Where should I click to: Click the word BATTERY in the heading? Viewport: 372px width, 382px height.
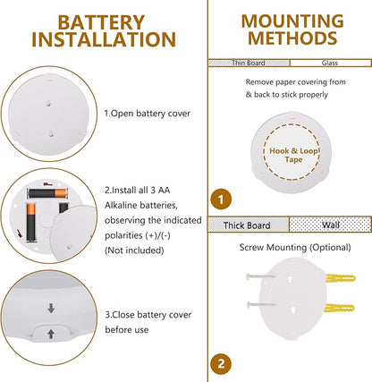tap(101, 22)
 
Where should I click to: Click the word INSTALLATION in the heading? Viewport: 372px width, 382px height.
tap(104, 39)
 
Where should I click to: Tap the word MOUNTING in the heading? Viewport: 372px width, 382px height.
tap(292, 21)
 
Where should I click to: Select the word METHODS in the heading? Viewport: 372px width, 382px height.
tap(292, 38)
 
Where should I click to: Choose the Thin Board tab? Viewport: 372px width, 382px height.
tap(249, 63)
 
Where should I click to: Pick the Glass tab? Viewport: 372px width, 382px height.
tap(330, 63)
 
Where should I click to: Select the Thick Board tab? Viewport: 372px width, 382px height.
tap(249, 225)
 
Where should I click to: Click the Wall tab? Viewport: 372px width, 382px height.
tap(330, 225)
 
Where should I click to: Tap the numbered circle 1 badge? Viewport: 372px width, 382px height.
tap(221, 199)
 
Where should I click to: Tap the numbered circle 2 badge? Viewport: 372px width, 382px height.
tap(221, 364)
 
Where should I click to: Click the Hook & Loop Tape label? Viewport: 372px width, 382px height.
tap(293, 155)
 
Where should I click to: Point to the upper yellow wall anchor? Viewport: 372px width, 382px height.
tap(341, 279)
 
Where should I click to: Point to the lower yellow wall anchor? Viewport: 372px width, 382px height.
tap(340, 308)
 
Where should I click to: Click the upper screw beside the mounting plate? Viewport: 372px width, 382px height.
tap(261, 276)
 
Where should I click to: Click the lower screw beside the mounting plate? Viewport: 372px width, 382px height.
tap(262, 304)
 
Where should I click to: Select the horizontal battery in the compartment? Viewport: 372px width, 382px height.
tap(47, 193)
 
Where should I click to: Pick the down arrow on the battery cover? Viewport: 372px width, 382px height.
tap(51, 309)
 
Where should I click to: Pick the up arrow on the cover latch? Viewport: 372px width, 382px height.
tap(51, 334)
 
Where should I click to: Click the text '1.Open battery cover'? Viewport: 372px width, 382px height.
tap(147, 114)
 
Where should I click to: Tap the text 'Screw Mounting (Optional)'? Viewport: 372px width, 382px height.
tap(295, 248)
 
